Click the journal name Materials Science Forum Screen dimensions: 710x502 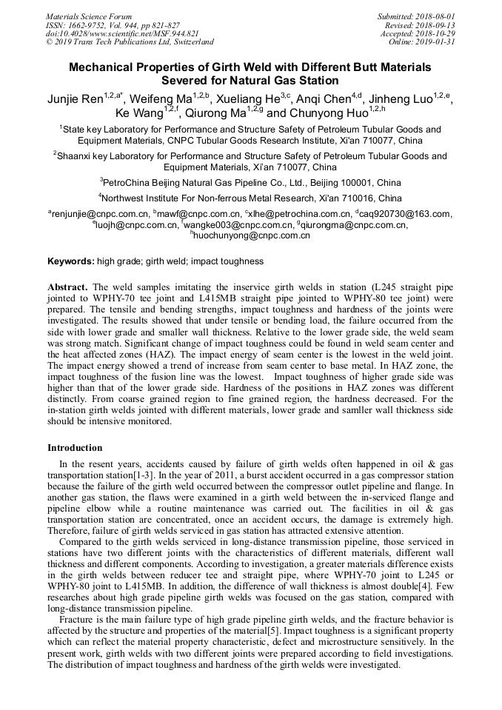coord(89,16)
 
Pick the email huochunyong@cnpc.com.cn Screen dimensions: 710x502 coord(252,235)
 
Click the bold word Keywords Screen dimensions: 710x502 coord(70,261)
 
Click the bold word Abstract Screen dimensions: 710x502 coord(67,286)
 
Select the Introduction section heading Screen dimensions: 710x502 coord(75,448)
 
